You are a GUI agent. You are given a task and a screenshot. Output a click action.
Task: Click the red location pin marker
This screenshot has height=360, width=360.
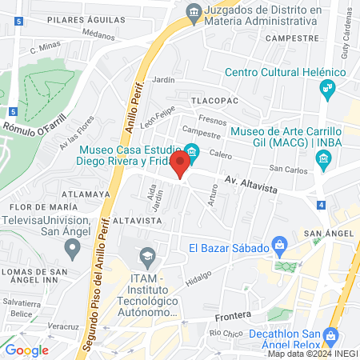181,164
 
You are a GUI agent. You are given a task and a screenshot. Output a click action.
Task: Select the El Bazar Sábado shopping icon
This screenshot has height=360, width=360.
279,243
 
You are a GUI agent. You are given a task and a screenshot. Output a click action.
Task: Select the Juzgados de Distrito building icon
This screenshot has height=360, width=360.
193,12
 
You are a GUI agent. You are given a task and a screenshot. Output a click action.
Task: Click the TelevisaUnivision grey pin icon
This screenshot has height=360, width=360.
73,248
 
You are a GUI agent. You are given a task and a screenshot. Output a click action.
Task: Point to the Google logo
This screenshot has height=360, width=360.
26,350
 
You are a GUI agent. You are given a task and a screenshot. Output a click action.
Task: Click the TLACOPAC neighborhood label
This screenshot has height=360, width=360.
212,100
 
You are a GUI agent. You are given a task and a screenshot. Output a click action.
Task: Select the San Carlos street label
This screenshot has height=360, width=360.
286,169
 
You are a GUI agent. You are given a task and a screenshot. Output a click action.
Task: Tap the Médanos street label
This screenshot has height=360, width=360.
98,35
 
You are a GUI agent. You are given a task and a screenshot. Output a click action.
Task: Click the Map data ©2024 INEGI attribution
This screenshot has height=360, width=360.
311,354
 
